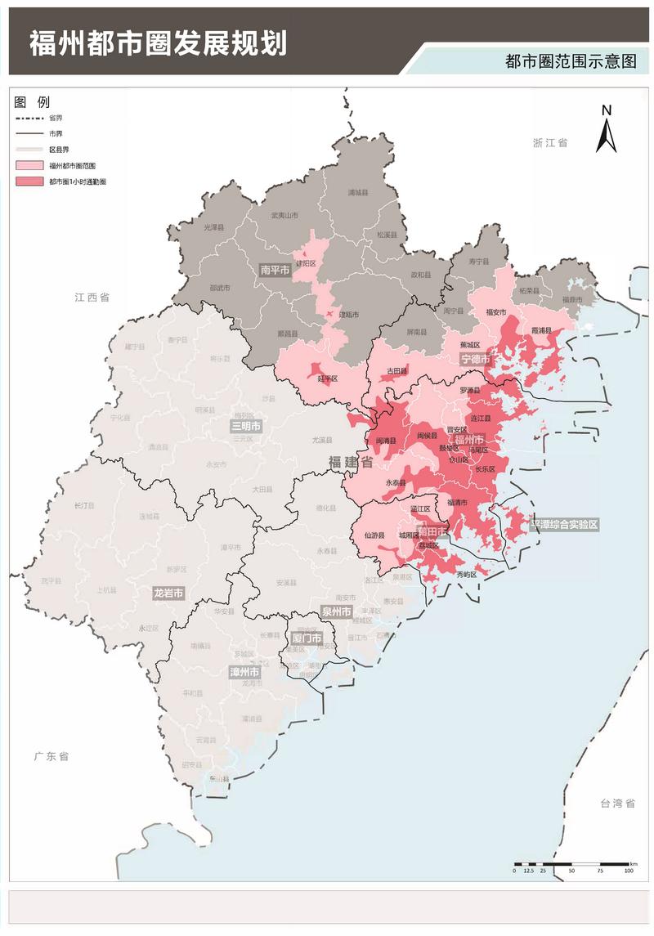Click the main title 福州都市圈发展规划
[158, 43]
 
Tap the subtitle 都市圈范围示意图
[570, 62]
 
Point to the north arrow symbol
[605, 130]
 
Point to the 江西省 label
[92, 298]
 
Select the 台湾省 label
[617, 804]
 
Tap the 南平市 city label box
[275, 270]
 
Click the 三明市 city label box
[246, 426]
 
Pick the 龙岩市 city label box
[168, 593]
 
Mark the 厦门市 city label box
[307, 638]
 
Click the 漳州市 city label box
[245, 673]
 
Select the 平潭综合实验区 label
[565, 524]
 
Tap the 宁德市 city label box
[475, 359]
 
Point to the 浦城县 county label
[358, 192]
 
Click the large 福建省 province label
[350, 462]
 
